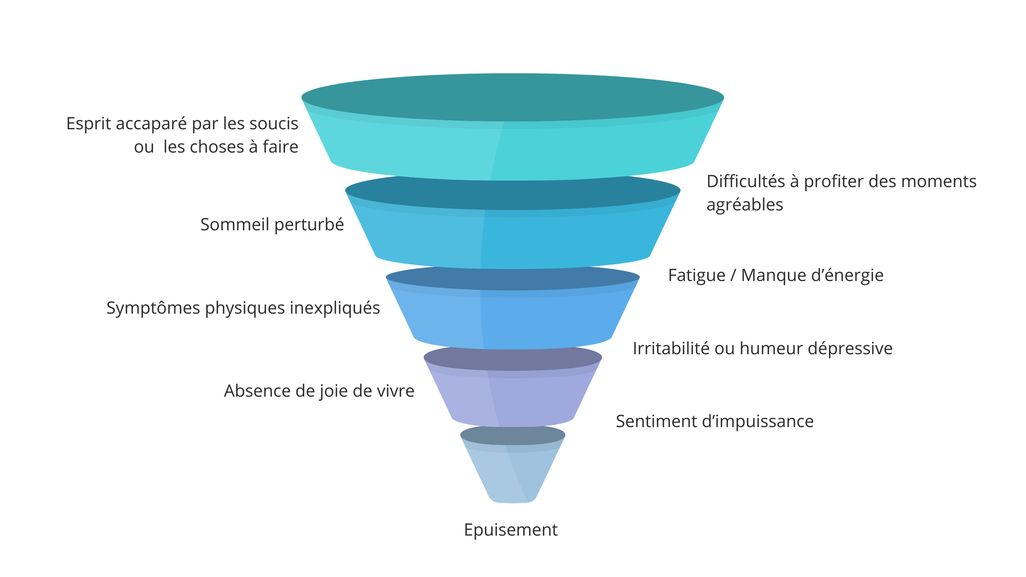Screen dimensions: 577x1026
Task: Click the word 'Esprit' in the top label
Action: click(88, 124)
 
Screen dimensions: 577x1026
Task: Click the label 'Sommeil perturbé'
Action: click(272, 225)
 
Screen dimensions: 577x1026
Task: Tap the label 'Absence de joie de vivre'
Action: click(319, 391)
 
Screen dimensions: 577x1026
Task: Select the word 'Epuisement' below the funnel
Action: click(511, 530)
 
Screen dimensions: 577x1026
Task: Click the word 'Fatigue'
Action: click(696, 275)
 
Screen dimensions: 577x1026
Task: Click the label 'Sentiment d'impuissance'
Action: click(715, 421)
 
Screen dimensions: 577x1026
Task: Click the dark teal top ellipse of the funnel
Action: click(513, 97)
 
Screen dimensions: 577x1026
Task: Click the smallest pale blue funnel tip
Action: click(513, 476)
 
